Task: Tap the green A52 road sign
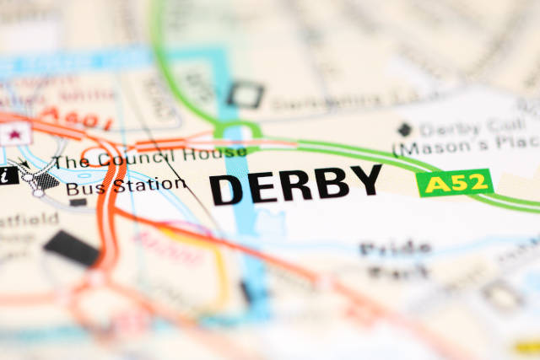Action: tap(455, 182)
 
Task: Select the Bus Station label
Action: tap(126, 184)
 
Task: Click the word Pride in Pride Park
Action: tap(395, 249)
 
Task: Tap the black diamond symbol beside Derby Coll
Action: tap(405, 130)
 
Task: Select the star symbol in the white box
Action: tap(14, 133)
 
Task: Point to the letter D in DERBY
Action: tap(227, 187)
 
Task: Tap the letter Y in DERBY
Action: tap(365, 181)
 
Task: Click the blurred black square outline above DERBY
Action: tap(244, 94)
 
